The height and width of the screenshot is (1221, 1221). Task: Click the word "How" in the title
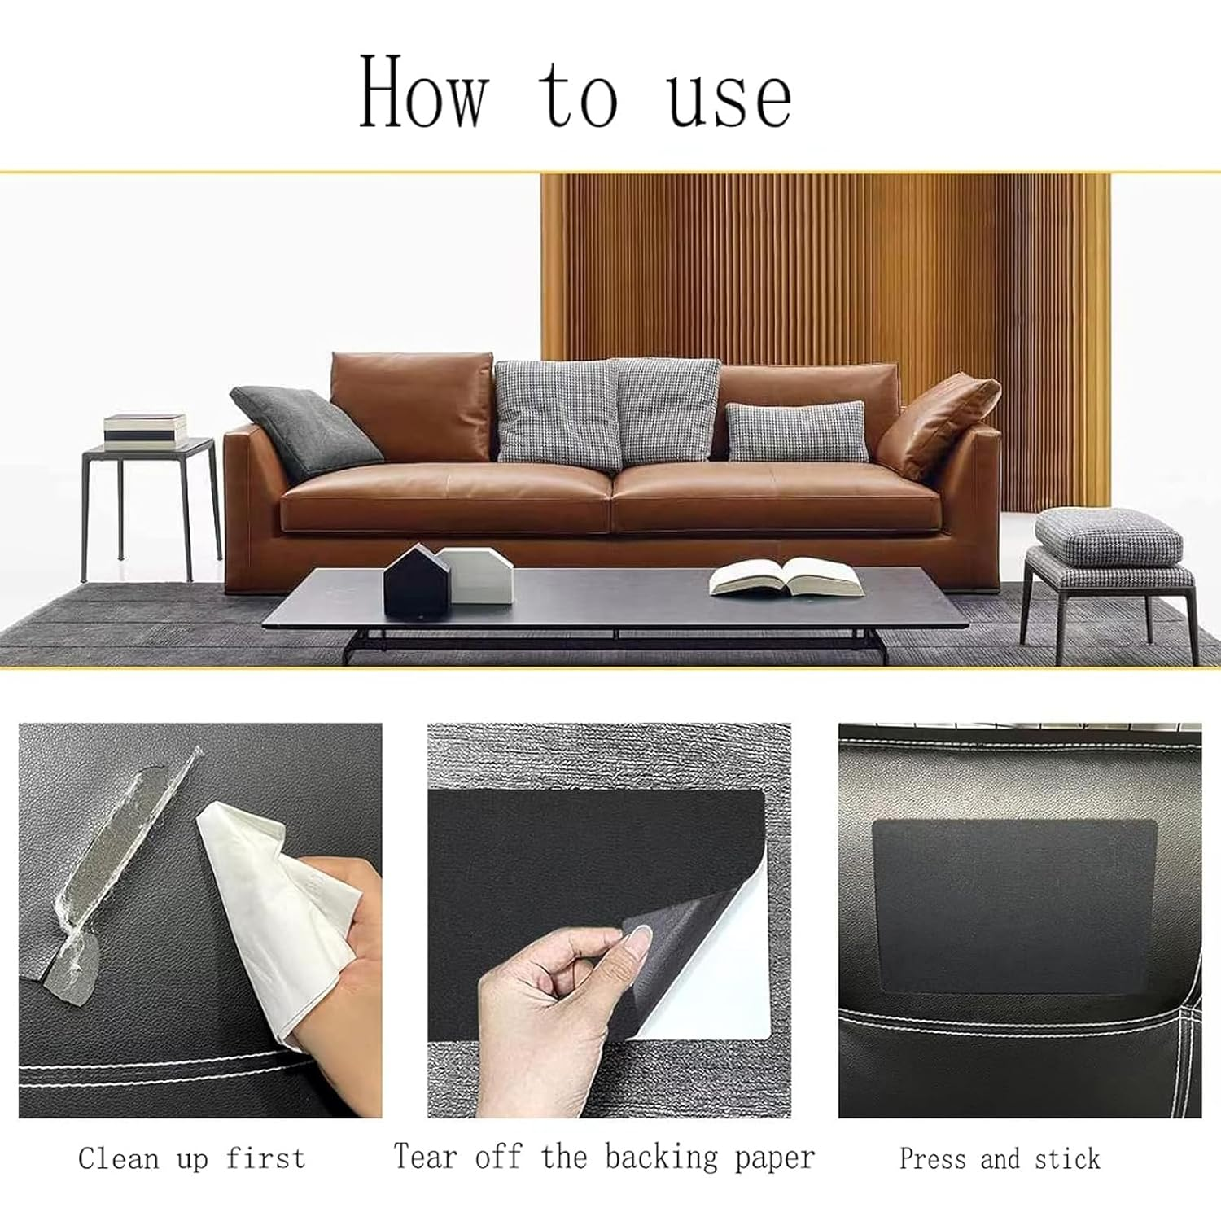pyautogui.click(x=423, y=91)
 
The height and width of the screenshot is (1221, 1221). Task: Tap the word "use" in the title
pyautogui.click(x=729, y=98)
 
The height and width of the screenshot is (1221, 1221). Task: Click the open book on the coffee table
pyautogui.click(x=785, y=576)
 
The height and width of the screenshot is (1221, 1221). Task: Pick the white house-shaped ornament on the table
pyautogui.click(x=479, y=575)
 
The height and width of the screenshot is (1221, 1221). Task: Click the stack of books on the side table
pyautogui.click(x=145, y=431)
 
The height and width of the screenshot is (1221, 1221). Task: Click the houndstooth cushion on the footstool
pyautogui.click(x=1109, y=536)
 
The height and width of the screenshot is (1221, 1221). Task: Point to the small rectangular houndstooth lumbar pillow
pyautogui.click(x=795, y=431)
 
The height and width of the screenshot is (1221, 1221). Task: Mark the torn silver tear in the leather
pyautogui.click(x=122, y=879)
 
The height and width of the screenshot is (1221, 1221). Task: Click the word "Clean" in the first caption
pyautogui.click(x=118, y=1158)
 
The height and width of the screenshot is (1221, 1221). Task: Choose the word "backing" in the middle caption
pyautogui.click(x=661, y=1158)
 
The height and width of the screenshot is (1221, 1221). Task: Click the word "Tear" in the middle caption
pyautogui.click(x=424, y=1156)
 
